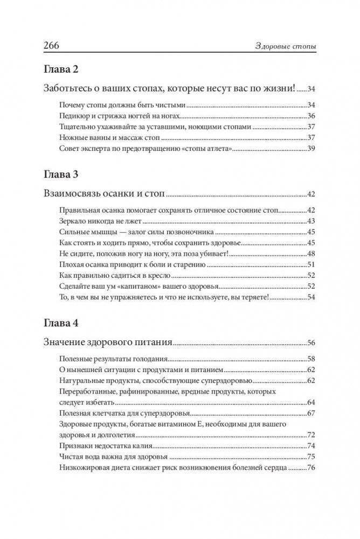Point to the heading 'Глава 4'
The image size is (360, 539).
(60, 324)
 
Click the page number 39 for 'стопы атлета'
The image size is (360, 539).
(310, 149)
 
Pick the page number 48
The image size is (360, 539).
(310, 254)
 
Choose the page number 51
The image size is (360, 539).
(310, 264)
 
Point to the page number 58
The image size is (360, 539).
(310, 359)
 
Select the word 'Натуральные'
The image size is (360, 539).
(82, 380)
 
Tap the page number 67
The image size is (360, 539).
(310, 413)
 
